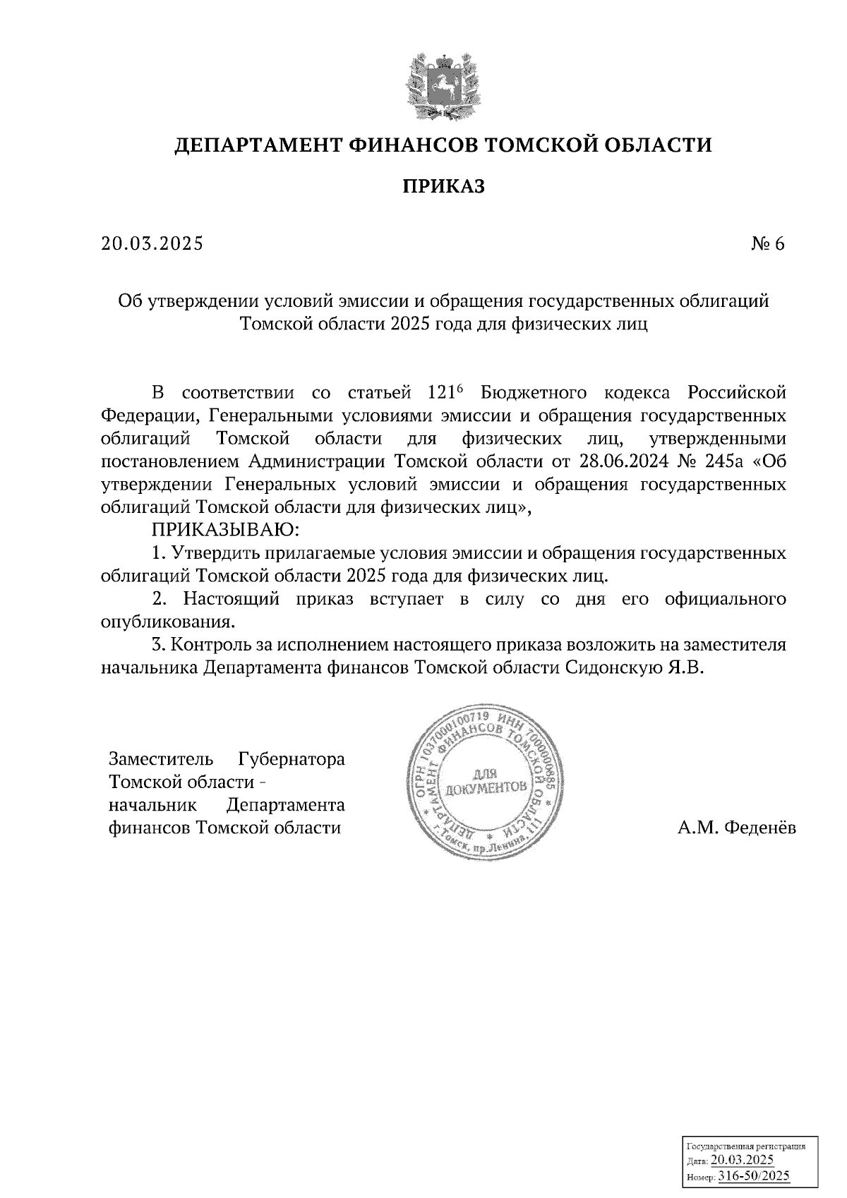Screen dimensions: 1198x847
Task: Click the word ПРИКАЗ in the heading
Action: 443,187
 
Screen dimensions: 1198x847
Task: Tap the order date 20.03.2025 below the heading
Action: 152,244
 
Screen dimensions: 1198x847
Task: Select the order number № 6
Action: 767,244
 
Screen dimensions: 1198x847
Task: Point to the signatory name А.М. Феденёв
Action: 736,828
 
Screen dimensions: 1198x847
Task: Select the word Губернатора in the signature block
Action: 292,760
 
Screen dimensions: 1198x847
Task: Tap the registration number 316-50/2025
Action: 753,1177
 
